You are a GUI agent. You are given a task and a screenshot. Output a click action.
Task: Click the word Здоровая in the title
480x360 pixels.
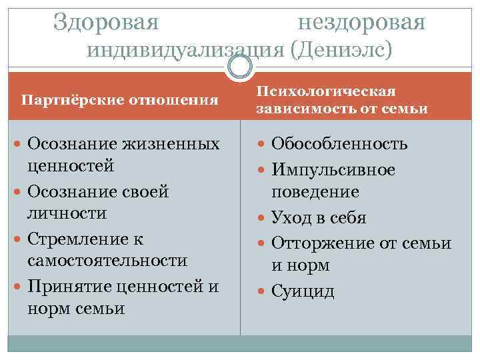[x=106, y=22]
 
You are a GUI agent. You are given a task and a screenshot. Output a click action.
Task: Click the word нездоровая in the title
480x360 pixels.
[x=361, y=22]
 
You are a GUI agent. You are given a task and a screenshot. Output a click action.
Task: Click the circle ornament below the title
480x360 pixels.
[x=240, y=65]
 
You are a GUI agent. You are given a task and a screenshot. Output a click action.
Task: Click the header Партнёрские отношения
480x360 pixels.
[x=120, y=100]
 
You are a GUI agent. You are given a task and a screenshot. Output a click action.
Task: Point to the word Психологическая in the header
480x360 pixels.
[x=326, y=91]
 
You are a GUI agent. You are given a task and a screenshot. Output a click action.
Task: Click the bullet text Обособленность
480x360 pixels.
[x=340, y=144]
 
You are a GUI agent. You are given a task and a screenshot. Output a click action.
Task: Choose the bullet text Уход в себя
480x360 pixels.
[x=319, y=218]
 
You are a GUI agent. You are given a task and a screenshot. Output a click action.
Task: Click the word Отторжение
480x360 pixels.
[x=317, y=243]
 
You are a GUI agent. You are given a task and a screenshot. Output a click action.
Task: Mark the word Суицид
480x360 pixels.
[x=303, y=291]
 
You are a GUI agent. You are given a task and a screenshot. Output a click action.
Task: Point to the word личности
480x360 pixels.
[x=67, y=213]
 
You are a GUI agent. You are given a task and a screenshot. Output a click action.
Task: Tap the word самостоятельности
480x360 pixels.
[x=107, y=260]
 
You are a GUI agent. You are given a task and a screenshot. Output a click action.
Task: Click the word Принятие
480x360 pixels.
[x=69, y=287]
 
